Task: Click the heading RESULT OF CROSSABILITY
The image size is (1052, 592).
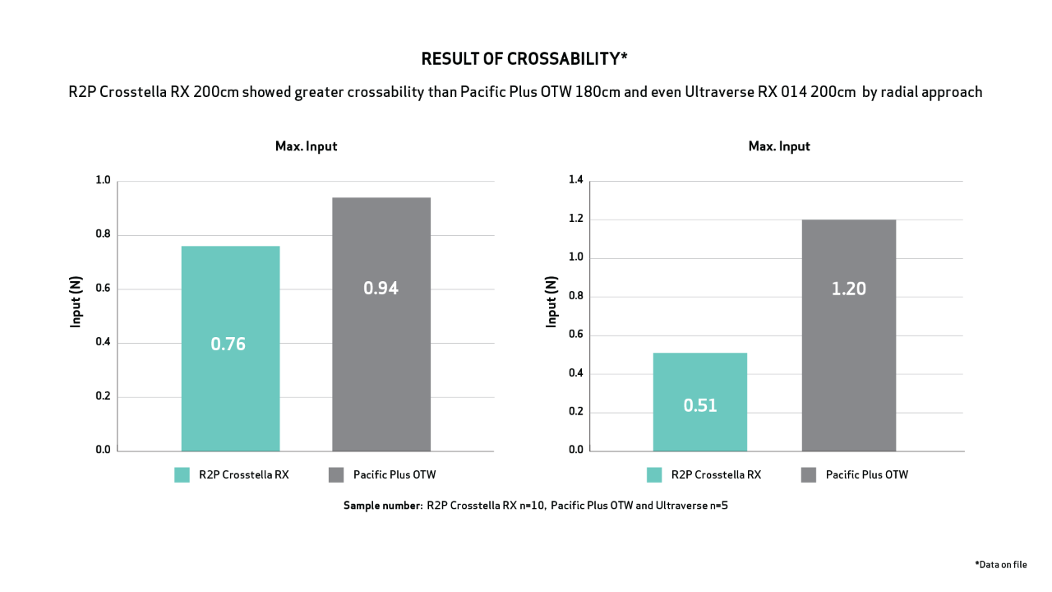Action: click(x=524, y=59)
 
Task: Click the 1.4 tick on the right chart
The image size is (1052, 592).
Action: click(x=575, y=180)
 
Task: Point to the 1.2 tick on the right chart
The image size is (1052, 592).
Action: click(x=575, y=219)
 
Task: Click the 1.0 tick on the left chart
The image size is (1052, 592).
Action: click(x=103, y=180)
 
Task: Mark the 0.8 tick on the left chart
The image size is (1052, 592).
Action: click(x=103, y=234)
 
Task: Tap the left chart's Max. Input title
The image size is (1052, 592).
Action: click(x=306, y=146)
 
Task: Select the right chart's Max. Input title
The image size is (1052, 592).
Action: click(x=778, y=146)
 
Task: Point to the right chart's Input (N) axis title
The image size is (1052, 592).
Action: click(x=551, y=301)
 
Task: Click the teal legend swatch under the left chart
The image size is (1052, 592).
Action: click(x=182, y=474)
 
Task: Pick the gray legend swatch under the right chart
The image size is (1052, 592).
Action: click(x=808, y=474)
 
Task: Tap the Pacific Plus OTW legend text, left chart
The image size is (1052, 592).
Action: click(x=394, y=474)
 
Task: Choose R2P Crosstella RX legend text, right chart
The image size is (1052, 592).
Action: click(x=716, y=474)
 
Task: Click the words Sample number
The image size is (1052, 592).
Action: click(x=381, y=506)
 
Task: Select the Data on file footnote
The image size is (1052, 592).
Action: click(x=1000, y=564)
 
